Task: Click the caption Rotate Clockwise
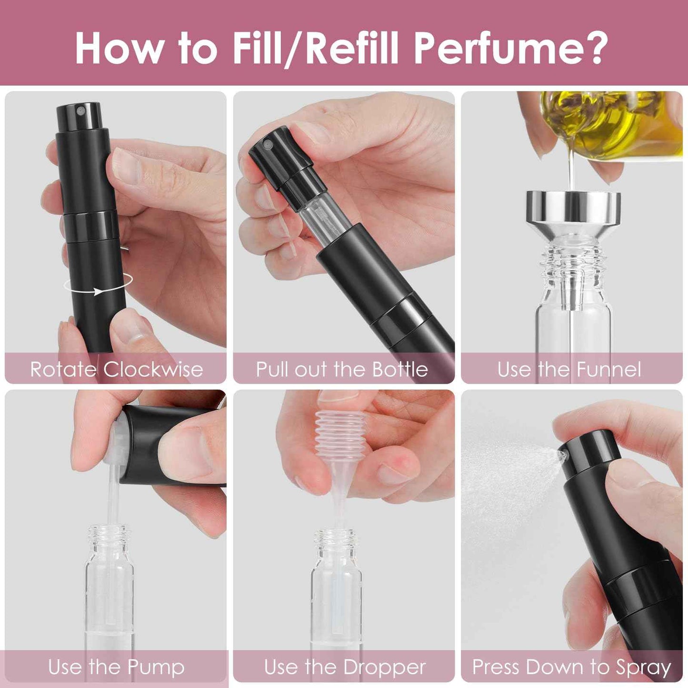point(116,369)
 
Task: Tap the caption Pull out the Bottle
point(342,369)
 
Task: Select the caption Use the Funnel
point(569,369)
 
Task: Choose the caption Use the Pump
point(116,667)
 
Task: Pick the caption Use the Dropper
point(345,667)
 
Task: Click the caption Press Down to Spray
point(571,667)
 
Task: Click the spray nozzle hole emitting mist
point(563,456)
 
